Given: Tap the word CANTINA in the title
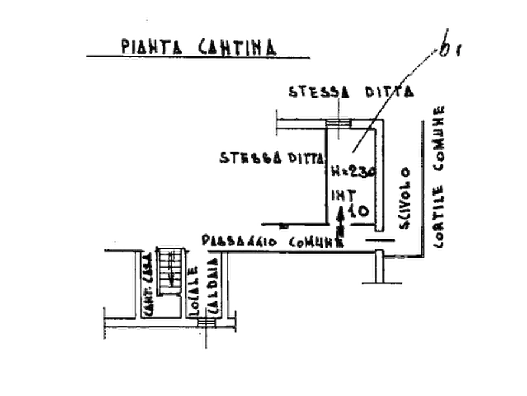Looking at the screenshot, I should pyautogui.click(x=234, y=46).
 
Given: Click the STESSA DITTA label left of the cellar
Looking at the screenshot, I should pyautogui.click(x=271, y=158).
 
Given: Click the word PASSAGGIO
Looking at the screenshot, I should pyautogui.click(x=239, y=241).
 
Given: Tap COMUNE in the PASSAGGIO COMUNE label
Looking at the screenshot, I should pyautogui.click(x=315, y=241).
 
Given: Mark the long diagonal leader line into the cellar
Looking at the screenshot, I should pyautogui.click(x=395, y=97).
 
